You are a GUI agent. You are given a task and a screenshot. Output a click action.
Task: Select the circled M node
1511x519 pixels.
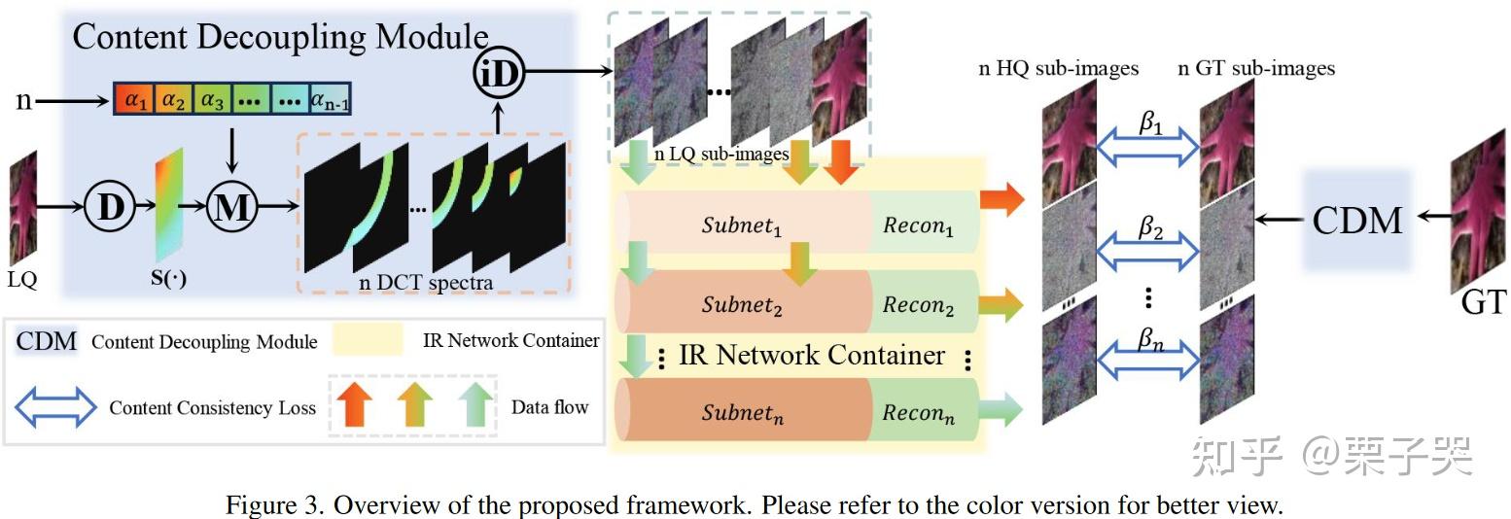[x=230, y=207]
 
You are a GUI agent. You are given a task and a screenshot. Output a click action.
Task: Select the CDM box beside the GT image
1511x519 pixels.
[x=1356, y=220]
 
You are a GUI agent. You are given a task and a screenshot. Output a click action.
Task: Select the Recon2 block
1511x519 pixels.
[x=919, y=304]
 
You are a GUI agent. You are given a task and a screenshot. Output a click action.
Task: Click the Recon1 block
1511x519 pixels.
[x=919, y=225]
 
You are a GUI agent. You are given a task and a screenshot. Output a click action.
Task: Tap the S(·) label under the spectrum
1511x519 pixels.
[x=168, y=280]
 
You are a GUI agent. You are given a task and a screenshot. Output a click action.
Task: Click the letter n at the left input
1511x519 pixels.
[x=23, y=99]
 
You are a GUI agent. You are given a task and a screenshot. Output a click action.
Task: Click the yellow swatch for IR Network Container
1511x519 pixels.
[x=367, y=341]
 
